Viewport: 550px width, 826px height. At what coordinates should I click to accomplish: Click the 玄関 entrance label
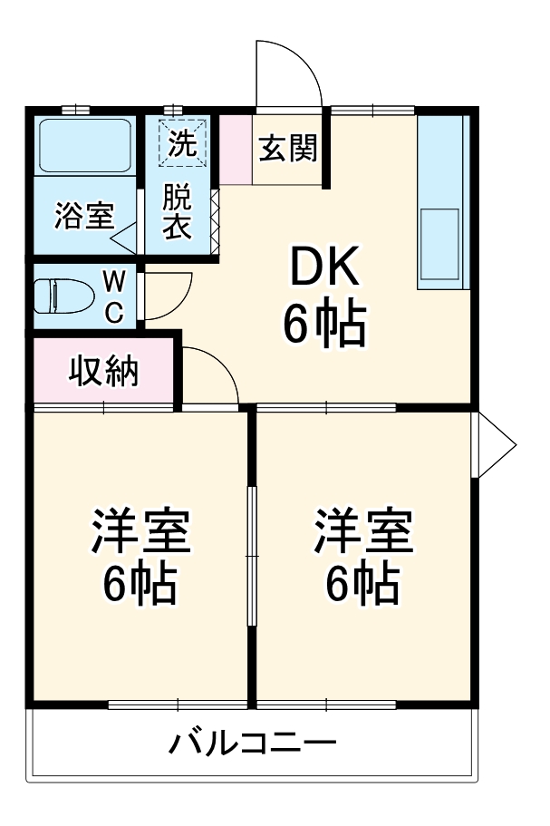coord(288,148)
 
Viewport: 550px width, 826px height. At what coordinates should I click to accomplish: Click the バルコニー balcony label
coord(253,744)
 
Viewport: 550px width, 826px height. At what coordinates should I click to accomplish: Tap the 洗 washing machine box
coord(184,143)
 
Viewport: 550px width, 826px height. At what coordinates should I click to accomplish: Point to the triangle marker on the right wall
coord(496,445)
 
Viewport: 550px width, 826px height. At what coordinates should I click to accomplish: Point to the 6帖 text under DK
coord(324,324)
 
